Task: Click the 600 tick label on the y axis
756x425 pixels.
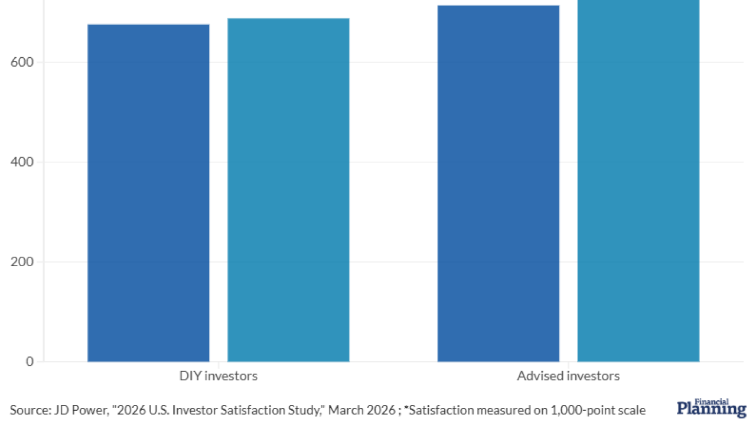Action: click(22, 62)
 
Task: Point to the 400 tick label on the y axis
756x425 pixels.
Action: click(22, 162)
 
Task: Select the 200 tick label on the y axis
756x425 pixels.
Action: click(22, 261)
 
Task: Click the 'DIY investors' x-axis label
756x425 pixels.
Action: click(218, 376)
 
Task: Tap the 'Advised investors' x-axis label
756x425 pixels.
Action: click(568, 376)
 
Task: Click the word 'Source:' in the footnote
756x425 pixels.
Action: click(27, 410)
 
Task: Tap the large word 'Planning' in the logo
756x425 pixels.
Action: click(711, 410)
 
